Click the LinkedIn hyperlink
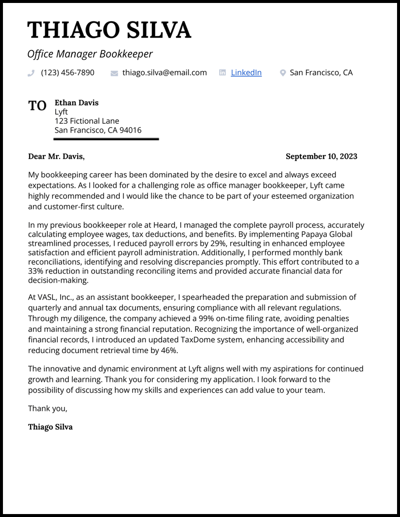(x=246, y=73)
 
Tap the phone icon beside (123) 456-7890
(x=31, y=73)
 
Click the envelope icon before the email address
(x=114, y=73)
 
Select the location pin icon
(x=283, y=73)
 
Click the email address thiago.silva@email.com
(x=165, y=73)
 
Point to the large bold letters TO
(x=37, y=106)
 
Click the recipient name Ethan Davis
(x=76, y=103)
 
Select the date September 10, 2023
(x=321, y=156)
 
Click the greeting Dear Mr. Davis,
(x=56, y=156)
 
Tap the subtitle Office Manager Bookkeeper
(x=90, y=54)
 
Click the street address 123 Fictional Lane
(x=87, y=121)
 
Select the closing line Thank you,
(x=48, y=408)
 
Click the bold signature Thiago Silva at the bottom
(x=50, y=427)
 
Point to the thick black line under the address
(x=106, y=139)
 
